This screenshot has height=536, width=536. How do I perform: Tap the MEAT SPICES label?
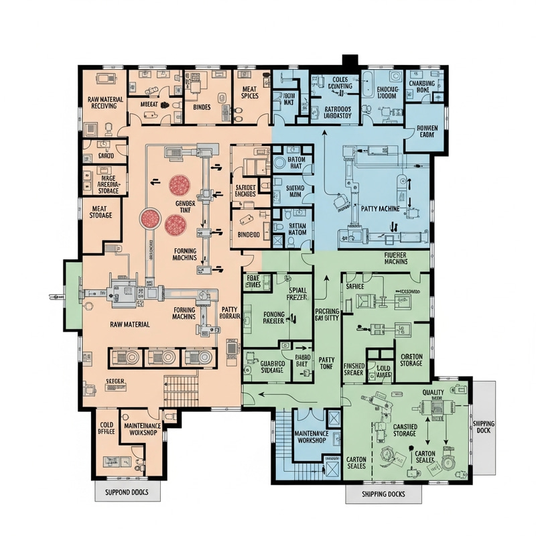[x=249, y=92]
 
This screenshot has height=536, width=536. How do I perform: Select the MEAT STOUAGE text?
[x=100, y=212]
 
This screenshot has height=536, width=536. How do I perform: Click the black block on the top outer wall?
[x=350, y=61]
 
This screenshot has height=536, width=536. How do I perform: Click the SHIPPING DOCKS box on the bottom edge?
[x=384, y=494]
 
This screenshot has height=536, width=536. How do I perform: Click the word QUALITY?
[x=434, y=393]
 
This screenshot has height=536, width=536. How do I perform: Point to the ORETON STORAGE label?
[x=410, y=360]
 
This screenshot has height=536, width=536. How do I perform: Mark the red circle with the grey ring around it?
[x=149, y=218]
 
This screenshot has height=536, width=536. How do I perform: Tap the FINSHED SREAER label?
[x=353, y=369]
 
